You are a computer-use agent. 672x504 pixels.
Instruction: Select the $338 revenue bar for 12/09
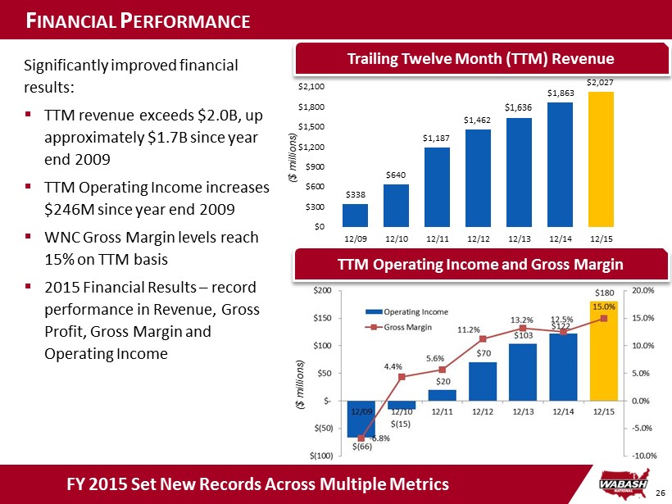355,215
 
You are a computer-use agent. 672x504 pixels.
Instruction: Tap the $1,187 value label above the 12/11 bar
437,138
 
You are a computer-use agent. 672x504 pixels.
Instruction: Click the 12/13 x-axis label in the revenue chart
520,238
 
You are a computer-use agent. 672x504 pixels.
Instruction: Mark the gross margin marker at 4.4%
402,377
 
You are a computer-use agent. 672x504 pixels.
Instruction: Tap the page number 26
661,492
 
